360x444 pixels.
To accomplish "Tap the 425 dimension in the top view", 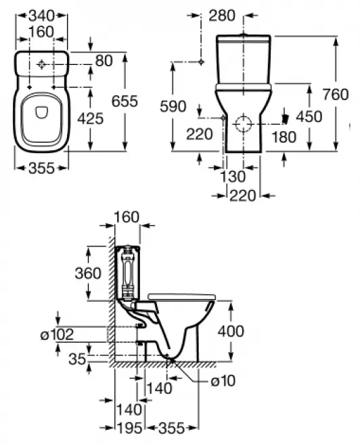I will click(90, 119).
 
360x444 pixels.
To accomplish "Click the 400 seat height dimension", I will click(231, 332).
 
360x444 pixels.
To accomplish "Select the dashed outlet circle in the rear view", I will click(242, 124).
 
